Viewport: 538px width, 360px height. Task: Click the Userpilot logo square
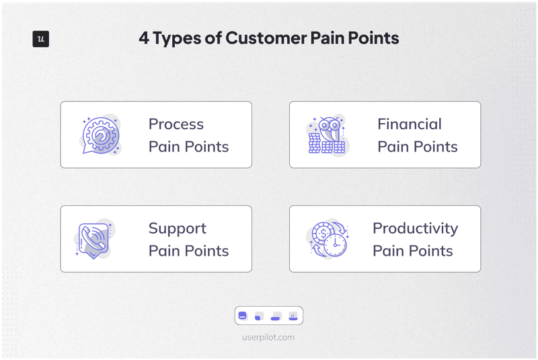coord(41,39)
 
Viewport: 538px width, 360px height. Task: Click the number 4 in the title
coord(144,38)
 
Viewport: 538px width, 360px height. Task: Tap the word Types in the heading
coord(178,39)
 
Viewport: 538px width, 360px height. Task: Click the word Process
coord(176,124)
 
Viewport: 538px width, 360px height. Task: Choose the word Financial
coord(409,124)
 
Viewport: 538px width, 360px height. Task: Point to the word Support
coord(177,229)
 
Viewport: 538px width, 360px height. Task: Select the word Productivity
coord(415,229)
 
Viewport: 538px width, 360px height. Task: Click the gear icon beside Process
coord(100,134)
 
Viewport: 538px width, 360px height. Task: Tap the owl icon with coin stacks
coord(328,135)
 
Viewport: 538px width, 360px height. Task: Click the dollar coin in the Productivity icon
coord(321,233)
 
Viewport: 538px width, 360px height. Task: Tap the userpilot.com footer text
coord(269,337)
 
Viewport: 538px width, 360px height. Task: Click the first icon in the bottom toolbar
coord(243,316)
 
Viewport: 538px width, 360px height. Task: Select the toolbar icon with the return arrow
coord(293,316)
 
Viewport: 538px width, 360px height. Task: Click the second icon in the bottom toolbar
coord(260,316)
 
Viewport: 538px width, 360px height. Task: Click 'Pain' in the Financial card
coord(393,147)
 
